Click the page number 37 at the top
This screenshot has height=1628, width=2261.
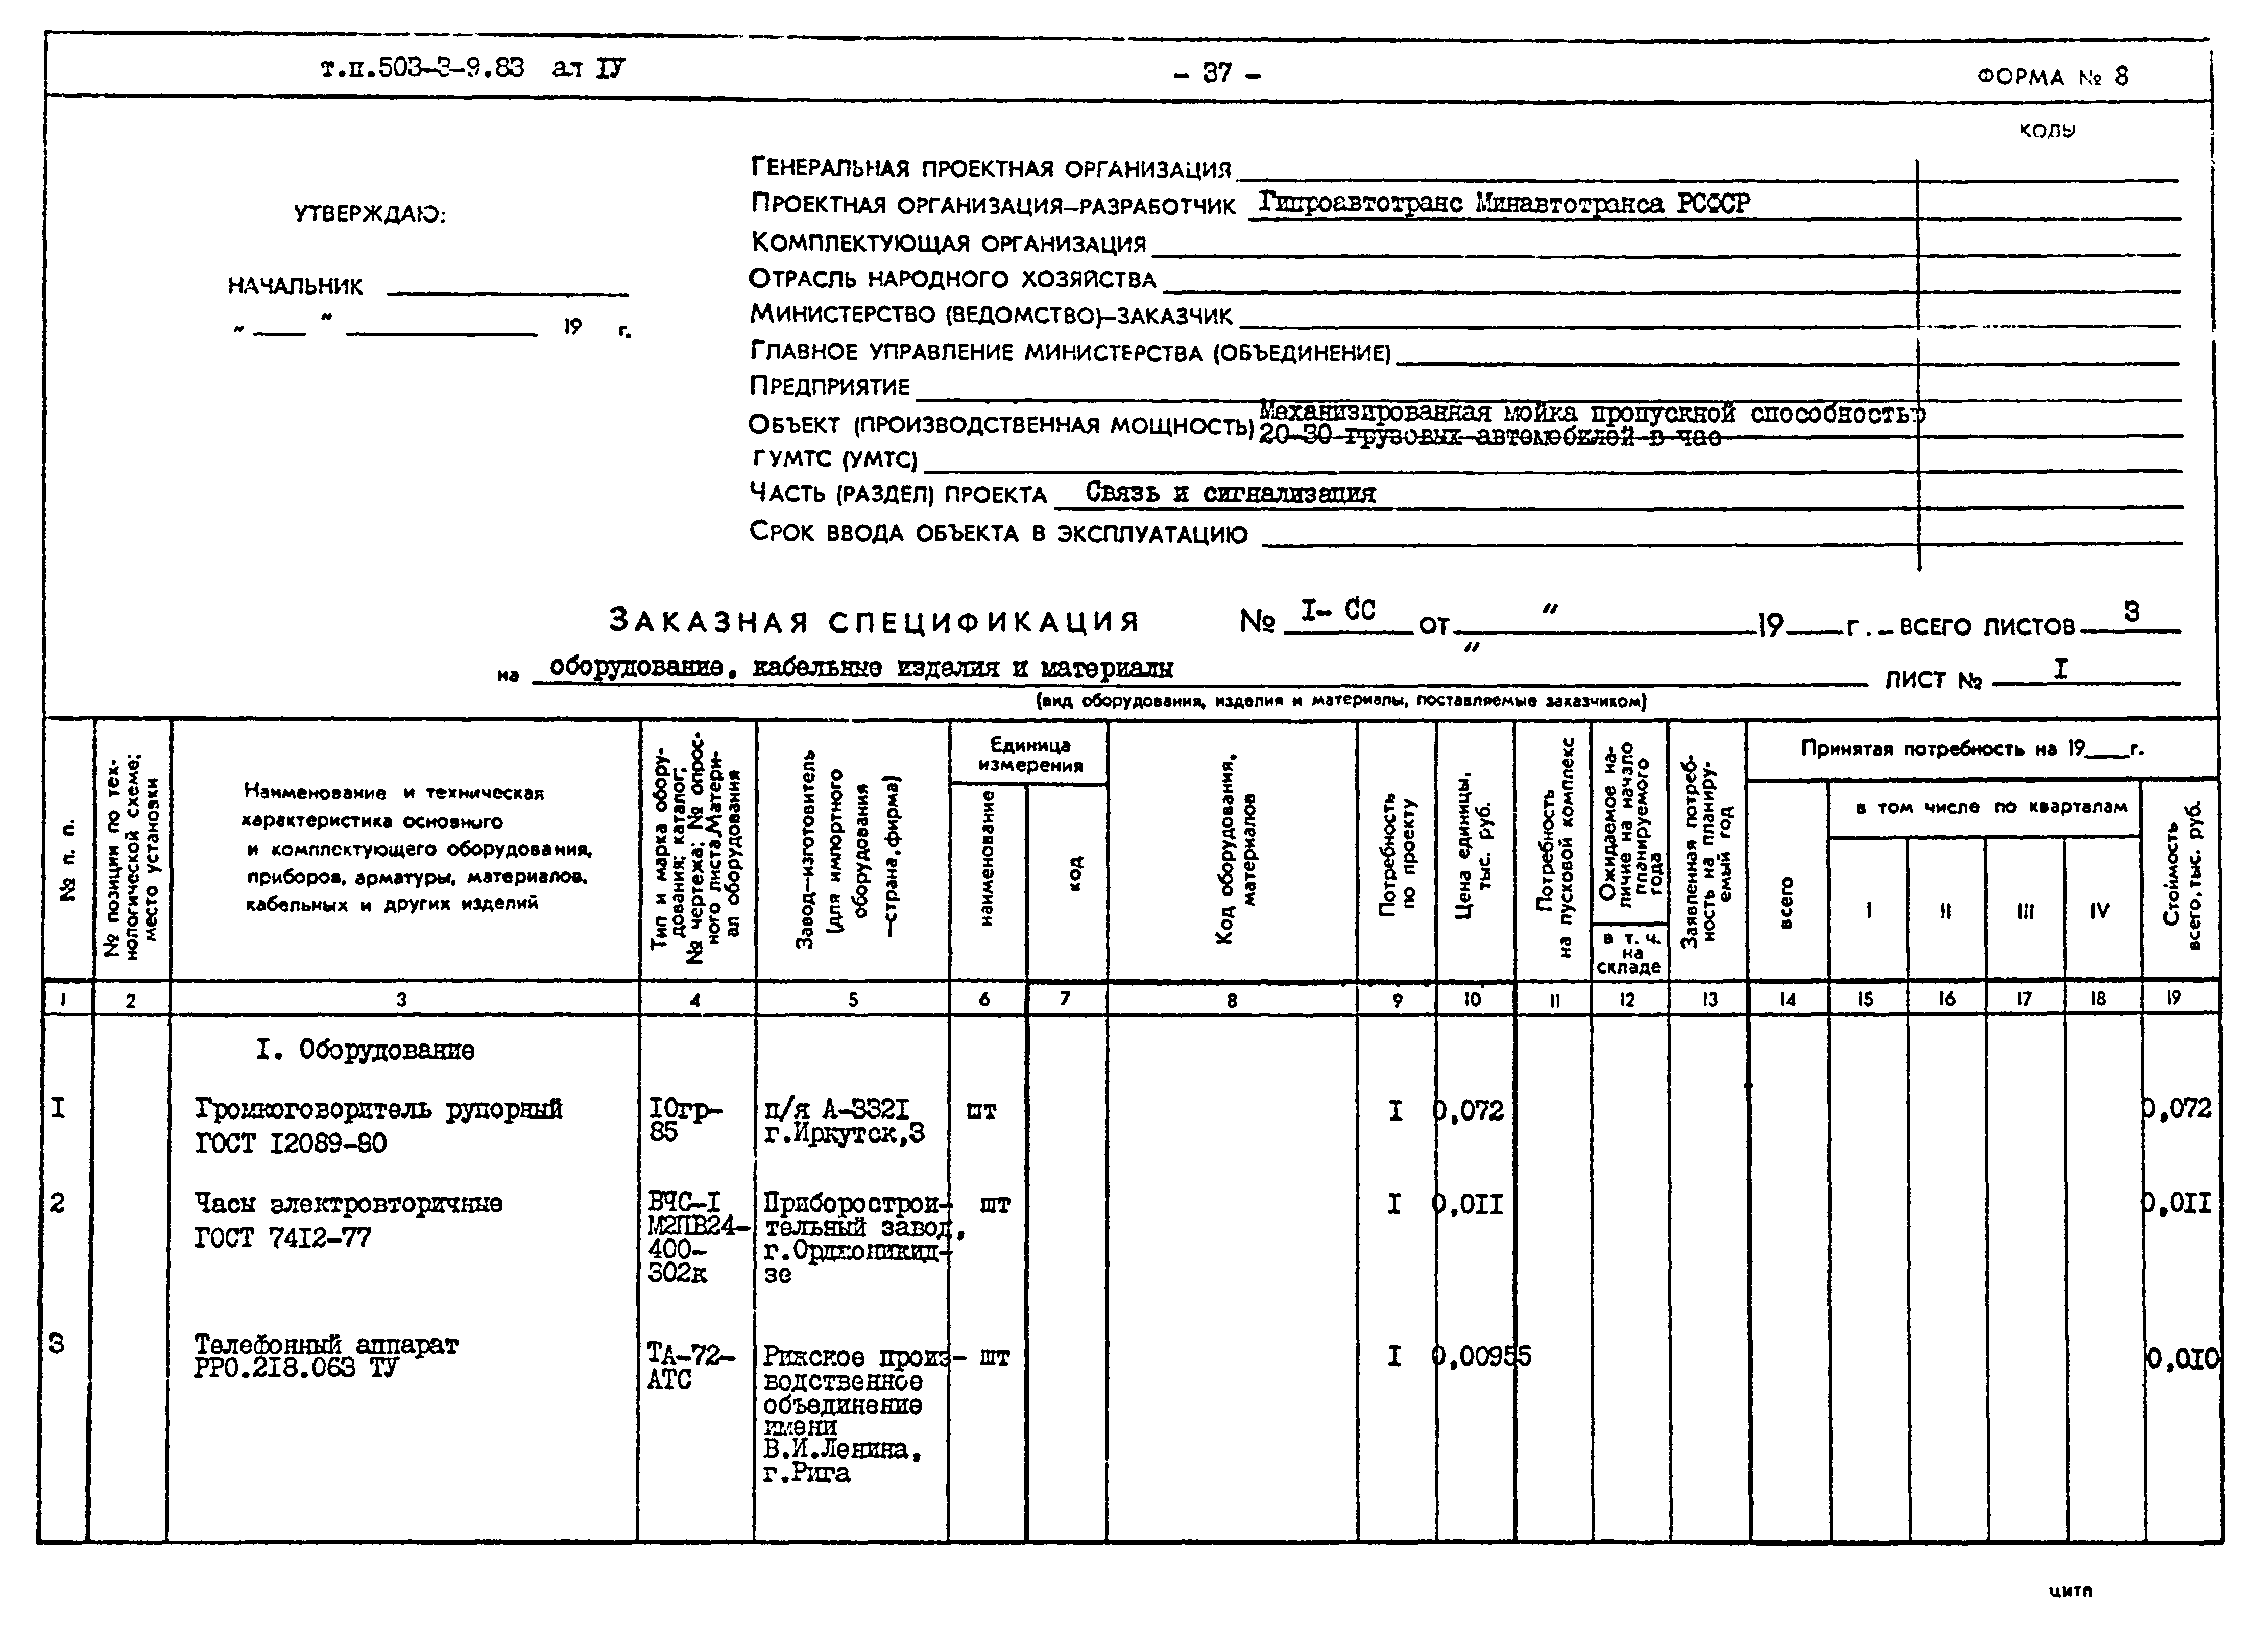(1216, 73)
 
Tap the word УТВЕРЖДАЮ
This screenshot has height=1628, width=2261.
(370, 214)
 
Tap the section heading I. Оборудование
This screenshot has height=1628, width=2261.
(365, 1050)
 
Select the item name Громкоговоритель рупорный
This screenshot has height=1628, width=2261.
(379, 1109)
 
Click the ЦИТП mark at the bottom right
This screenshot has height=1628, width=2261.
(2071, 1591)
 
